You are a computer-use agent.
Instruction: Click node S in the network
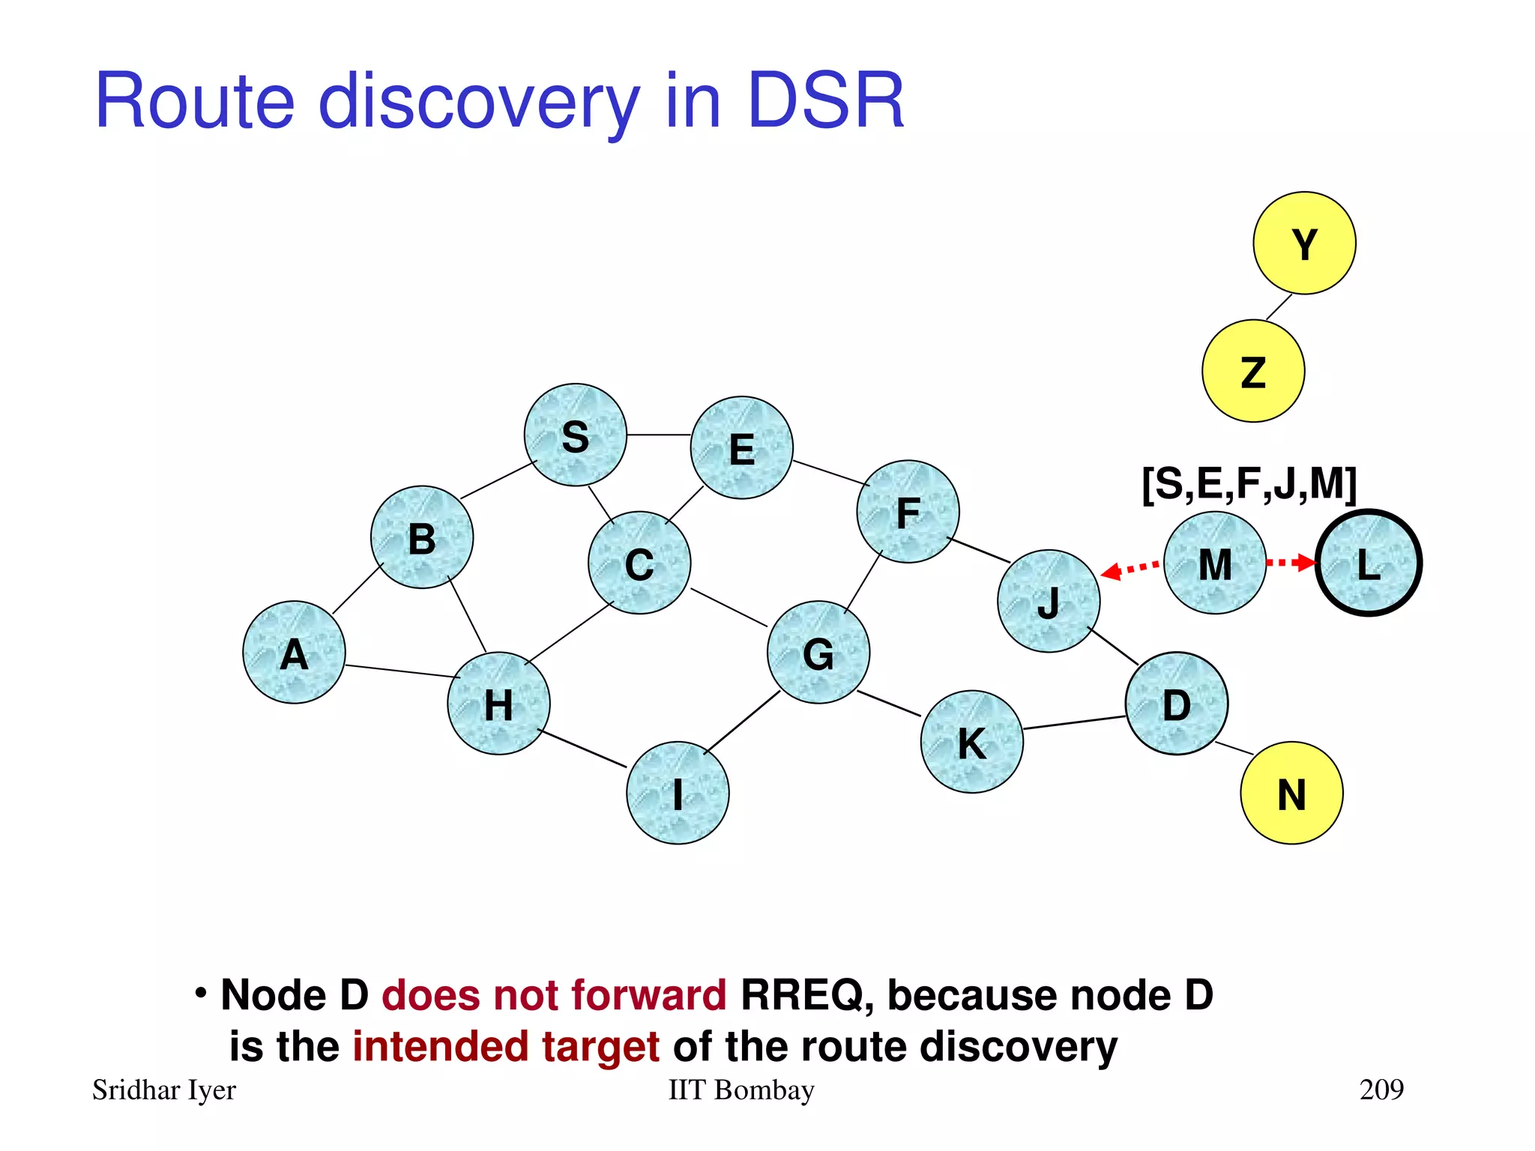click(575, 435)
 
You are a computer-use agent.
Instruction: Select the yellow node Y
click(1304, 244)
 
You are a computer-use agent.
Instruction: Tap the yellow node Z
click(1253, 372)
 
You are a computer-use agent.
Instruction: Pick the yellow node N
click(1291, 793)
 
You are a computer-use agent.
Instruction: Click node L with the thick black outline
click(1369, 563)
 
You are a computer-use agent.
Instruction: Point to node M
click(1215, 564)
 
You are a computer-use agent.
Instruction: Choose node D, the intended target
click(1176, 704)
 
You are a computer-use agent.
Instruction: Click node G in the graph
click(818, 653)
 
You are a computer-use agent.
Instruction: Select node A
click(294, 653)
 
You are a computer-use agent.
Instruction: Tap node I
click(678, 793)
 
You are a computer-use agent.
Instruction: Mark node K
click(971, 742)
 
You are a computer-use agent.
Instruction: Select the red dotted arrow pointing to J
click(1132, 569)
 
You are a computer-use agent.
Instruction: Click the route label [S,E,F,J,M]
click(1249, 484)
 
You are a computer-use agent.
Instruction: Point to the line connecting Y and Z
click(1279, 307)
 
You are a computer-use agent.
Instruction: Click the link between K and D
click(1074, 723)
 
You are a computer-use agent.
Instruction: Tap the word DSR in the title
click(826, 101)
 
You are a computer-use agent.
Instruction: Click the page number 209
click(1381, 1090)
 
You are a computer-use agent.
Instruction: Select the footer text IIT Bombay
click(741, 1090)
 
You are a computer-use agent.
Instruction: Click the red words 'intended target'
click(506, 1046)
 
